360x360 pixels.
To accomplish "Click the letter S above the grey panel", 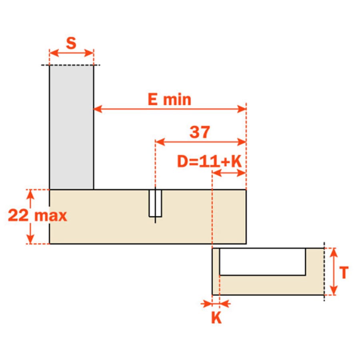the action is point(71,43).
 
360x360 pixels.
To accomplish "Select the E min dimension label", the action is point(170,100).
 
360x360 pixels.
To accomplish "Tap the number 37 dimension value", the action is point(200,132).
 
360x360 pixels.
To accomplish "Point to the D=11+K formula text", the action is point(209,161).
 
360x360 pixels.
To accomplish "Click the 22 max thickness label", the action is point(38,216).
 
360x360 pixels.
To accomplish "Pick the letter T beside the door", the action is point(344,272).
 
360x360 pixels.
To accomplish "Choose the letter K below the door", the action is point(216,317).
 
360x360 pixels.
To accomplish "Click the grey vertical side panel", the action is point(72,128).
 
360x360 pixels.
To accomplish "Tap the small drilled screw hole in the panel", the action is point(155,203).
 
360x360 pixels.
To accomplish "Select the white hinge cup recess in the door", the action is point(262,262).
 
